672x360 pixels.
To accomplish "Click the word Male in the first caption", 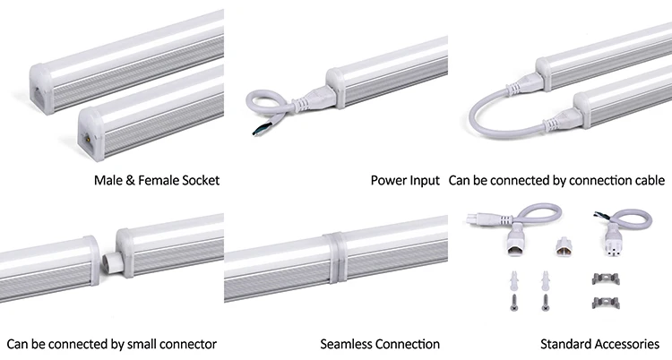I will [x=108, y=181].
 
